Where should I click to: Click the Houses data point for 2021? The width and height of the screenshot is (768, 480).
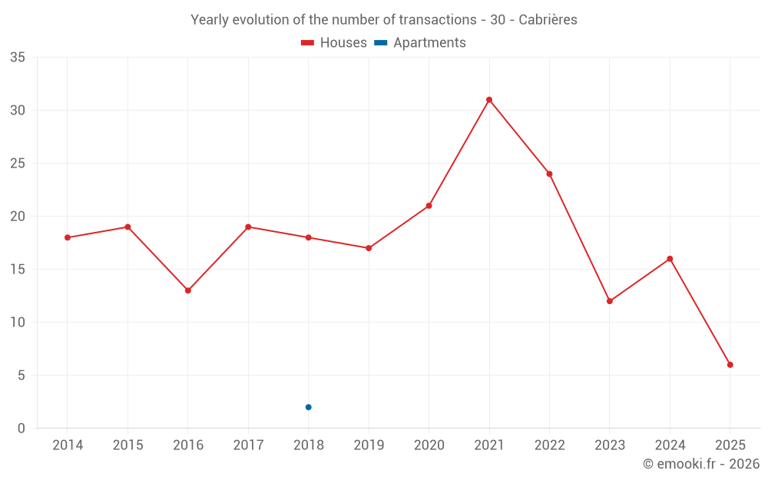point(489,100)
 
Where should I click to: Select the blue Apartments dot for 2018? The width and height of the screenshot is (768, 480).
point(308,407)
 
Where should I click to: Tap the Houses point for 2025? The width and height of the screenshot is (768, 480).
point(730,365)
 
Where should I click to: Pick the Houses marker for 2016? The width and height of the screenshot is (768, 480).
point(187,290)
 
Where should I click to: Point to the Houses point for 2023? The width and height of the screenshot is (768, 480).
point(610,301)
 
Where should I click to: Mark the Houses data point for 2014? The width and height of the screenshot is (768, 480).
point(68,237)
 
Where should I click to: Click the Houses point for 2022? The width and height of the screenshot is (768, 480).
point(549,174)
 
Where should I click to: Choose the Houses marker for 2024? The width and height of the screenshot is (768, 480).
point(670,259)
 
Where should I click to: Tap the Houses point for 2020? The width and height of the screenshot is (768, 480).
point(429,206)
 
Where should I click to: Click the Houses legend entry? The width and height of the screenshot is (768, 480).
point(334,43)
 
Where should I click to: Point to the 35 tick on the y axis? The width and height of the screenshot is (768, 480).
point(18,58)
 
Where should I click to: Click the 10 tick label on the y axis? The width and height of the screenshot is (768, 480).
point(18,323)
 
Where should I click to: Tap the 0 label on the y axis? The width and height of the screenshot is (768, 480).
point(22,429)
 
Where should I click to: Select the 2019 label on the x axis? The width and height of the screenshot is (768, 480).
point(369,445)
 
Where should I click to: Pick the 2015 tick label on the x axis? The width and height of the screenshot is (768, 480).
point(127,445)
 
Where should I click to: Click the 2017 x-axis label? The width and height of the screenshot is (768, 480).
point(248,445)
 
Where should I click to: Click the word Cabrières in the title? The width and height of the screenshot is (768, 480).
point(548,20)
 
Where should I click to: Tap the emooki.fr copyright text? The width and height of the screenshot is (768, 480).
point(701,464)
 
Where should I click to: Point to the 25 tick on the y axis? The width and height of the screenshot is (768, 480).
point(18,164)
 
